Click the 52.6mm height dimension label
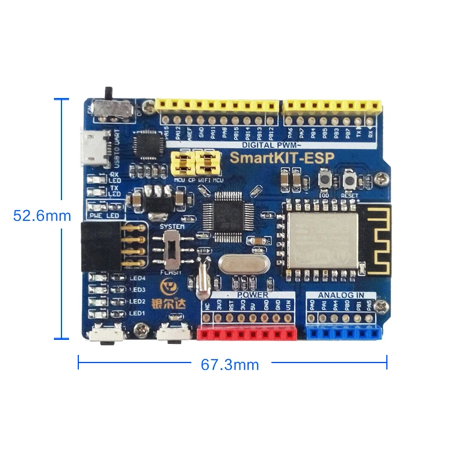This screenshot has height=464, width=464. click(x=42, y=216)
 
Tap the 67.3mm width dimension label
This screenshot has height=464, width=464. click(x=230, y=365)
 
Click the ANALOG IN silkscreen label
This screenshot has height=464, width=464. click(x=341, y=295)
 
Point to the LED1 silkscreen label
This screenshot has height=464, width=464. click(x=137, y=314)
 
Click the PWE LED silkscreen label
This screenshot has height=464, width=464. click(x=103, y=215)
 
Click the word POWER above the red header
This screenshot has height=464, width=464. click(x=251, y=295)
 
